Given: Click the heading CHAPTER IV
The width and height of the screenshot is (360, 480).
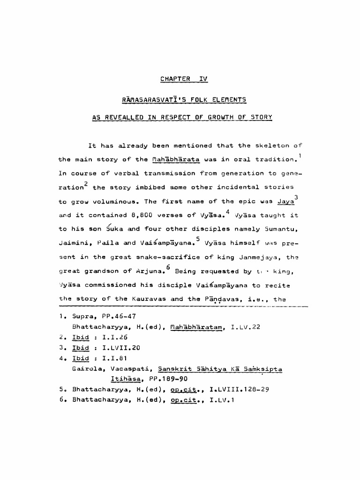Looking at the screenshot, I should point(183,79).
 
